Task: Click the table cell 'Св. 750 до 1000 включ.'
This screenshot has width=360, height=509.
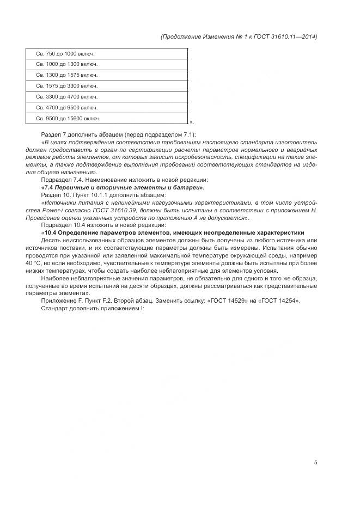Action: coord(107,53)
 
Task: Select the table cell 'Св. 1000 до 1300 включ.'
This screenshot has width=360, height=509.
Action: coord(107,64)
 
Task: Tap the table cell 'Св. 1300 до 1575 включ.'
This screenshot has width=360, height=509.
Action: coord(107,75)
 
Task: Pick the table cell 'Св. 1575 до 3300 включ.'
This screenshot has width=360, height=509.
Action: coord(107,85)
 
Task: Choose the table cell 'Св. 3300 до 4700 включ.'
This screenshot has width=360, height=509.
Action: coord(107,96)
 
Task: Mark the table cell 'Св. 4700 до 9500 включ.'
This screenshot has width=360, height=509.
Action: coord(107,107)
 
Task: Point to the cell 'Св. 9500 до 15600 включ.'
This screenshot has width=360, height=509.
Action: coord(107,118)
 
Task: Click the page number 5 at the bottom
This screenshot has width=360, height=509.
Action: coord(315,463)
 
